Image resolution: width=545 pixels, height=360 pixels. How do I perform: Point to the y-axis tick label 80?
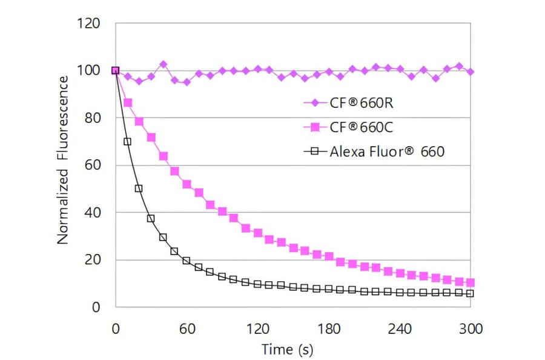point(92,118)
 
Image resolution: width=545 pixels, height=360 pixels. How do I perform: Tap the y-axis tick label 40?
point(92,213)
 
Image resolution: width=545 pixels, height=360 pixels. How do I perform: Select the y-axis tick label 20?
point(92,260)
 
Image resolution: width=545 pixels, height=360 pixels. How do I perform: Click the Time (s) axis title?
point(287,350)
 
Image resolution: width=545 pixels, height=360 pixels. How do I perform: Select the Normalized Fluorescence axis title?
point(63,165)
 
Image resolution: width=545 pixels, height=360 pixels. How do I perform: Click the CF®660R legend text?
point(361,102)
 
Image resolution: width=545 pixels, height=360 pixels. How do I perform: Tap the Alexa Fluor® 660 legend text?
point(387,152)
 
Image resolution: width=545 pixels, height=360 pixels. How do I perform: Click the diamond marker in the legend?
point(314,102)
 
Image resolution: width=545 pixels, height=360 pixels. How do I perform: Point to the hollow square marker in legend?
point(314,152)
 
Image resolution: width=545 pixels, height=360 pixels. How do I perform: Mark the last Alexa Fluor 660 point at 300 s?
point(471,293)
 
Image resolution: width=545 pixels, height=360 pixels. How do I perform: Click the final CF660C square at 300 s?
point(471,282)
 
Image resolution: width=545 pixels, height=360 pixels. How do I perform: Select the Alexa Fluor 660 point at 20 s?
point(139,188)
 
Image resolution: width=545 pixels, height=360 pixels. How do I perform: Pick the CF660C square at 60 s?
point(187,184)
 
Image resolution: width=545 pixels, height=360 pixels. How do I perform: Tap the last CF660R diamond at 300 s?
point(471,72)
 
